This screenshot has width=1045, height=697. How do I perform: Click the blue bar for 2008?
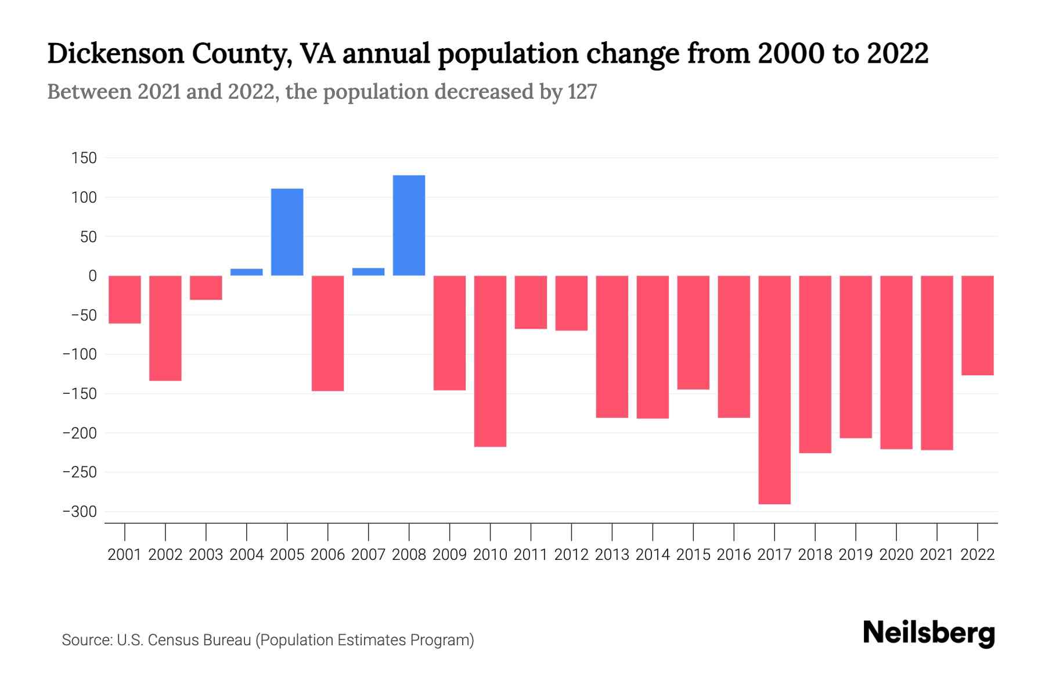click(x=409, y=225)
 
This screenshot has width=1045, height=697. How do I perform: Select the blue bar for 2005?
click(x=287, y=232)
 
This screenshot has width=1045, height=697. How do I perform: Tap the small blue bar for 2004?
click(x=247, y=272)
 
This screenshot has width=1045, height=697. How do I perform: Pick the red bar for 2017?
click(x=774, y=389)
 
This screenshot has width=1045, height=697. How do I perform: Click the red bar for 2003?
click(x=206, y=288)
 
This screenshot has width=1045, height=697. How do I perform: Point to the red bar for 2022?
click(x=978, y=325)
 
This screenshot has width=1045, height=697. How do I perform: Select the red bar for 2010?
click(x=490, y=361)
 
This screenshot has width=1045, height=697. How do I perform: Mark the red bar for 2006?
click(x=328, y=333)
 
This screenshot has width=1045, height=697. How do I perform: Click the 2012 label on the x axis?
click(x=571, y=555)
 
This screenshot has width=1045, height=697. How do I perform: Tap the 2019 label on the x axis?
click(x=856, y=555)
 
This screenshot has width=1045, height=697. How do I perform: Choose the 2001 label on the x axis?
click(x=125, y=555)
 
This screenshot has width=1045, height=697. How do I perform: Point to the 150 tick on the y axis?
click(x=84, y=158)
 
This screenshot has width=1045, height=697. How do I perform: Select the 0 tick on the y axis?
click(x=92, y=276)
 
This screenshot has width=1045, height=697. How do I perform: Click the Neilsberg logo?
click(x=929, y=633)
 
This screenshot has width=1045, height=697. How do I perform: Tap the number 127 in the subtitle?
click(x=582, y=92)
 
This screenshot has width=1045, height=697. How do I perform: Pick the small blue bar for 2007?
click(x=368, y=271)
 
